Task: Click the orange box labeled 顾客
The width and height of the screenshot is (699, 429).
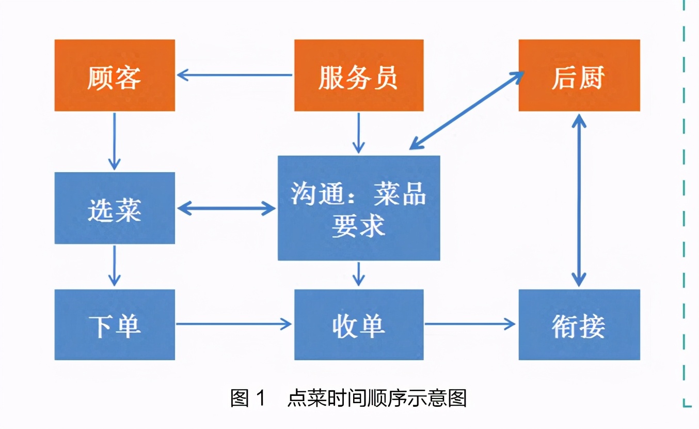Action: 115,75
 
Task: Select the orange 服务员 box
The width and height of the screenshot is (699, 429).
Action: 359,75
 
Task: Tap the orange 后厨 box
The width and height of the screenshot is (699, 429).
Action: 579,75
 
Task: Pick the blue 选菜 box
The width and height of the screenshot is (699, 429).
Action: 115,208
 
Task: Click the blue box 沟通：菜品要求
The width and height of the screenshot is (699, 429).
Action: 359,208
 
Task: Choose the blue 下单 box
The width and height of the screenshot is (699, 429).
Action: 115,325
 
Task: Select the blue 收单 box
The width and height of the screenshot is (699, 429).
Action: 359,325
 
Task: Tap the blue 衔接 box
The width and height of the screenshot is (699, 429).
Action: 579,325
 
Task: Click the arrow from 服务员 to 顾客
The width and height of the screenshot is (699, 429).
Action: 235,75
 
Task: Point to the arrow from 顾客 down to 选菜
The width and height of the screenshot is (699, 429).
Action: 114,141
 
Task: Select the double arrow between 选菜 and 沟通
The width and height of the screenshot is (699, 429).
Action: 226,208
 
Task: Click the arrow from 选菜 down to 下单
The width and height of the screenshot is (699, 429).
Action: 114,266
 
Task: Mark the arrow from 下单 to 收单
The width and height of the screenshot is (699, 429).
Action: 234,324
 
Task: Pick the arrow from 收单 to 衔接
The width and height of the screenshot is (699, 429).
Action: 470,324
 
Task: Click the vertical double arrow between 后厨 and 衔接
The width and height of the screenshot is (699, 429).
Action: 579,200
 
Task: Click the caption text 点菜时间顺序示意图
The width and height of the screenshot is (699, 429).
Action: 377,399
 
